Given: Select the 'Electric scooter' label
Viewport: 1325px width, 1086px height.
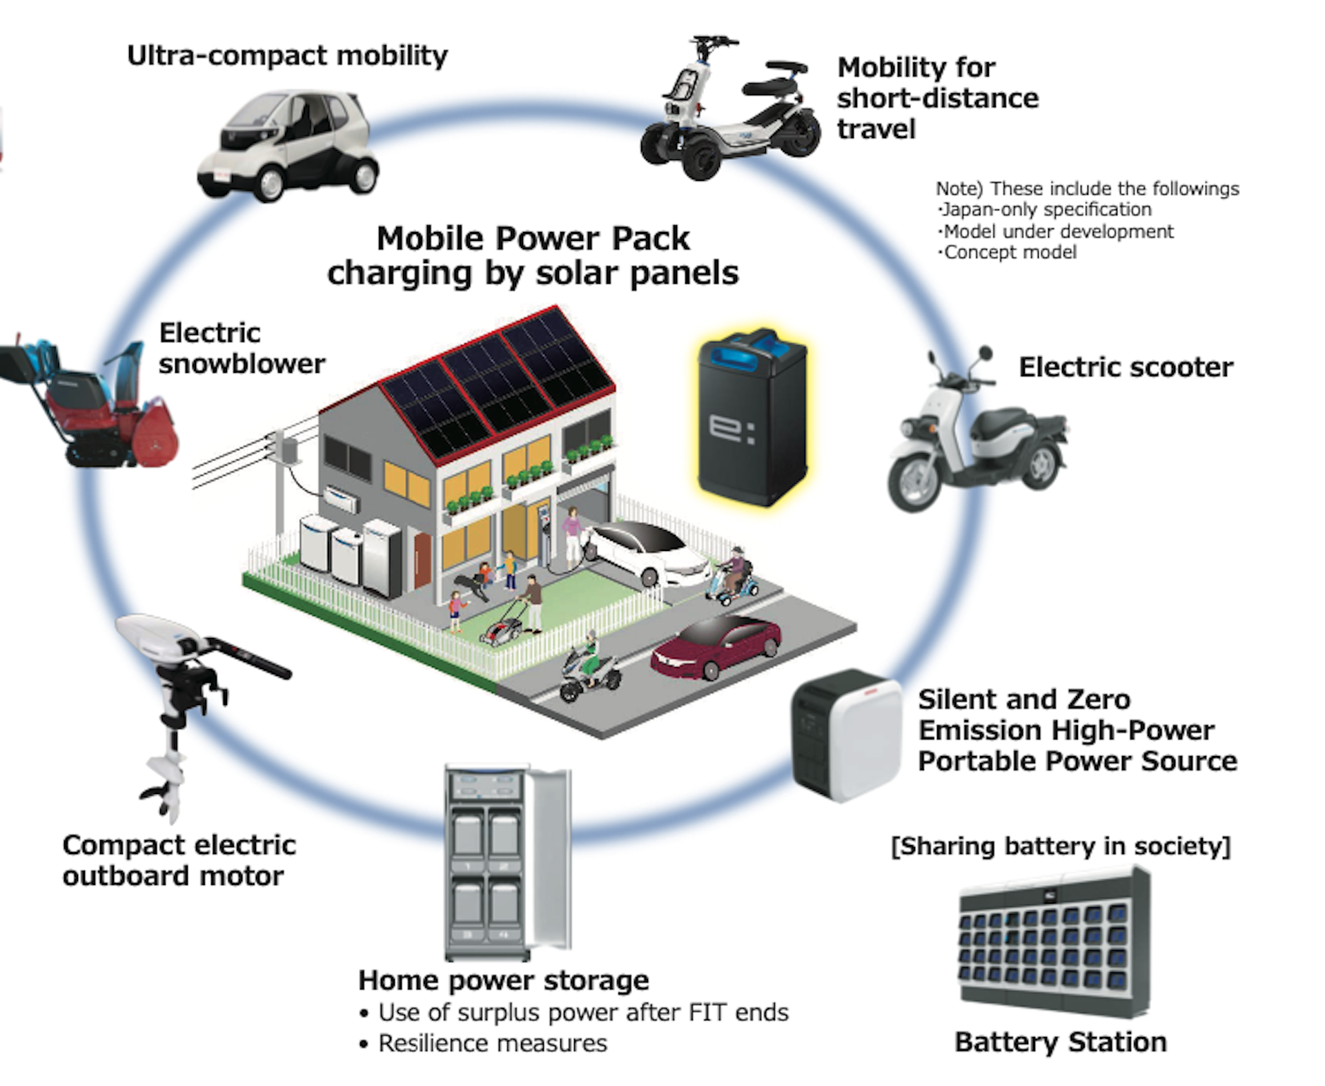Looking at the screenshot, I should point(1126,367).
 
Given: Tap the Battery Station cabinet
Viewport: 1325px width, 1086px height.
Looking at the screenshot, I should point(1054,942).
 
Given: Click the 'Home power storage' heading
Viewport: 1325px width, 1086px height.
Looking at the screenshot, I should point(503,980).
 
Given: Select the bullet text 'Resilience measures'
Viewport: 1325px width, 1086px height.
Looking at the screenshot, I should point(492,1043).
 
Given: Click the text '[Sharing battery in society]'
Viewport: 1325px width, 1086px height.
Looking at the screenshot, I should point(1061,846).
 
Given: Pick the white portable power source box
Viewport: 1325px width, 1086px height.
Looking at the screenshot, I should point(847,735).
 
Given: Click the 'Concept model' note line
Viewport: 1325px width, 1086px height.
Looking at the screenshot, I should point(1009,253).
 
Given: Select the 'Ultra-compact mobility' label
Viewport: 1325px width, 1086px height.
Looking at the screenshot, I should point(287,56).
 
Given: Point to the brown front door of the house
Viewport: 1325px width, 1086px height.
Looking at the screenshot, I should point(422,560).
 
